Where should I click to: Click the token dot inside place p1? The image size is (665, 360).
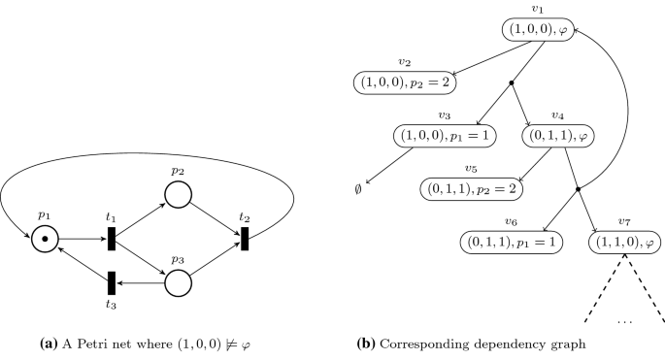(45, 238)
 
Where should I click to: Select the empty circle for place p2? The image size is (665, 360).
(177, 195)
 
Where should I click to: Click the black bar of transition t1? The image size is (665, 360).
(113, 238)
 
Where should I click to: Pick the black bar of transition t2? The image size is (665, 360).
(244, 238)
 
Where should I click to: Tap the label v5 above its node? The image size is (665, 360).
(471, 168)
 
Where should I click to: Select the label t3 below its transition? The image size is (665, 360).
(112, 305)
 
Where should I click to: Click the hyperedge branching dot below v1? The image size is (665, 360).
(512, 84)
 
